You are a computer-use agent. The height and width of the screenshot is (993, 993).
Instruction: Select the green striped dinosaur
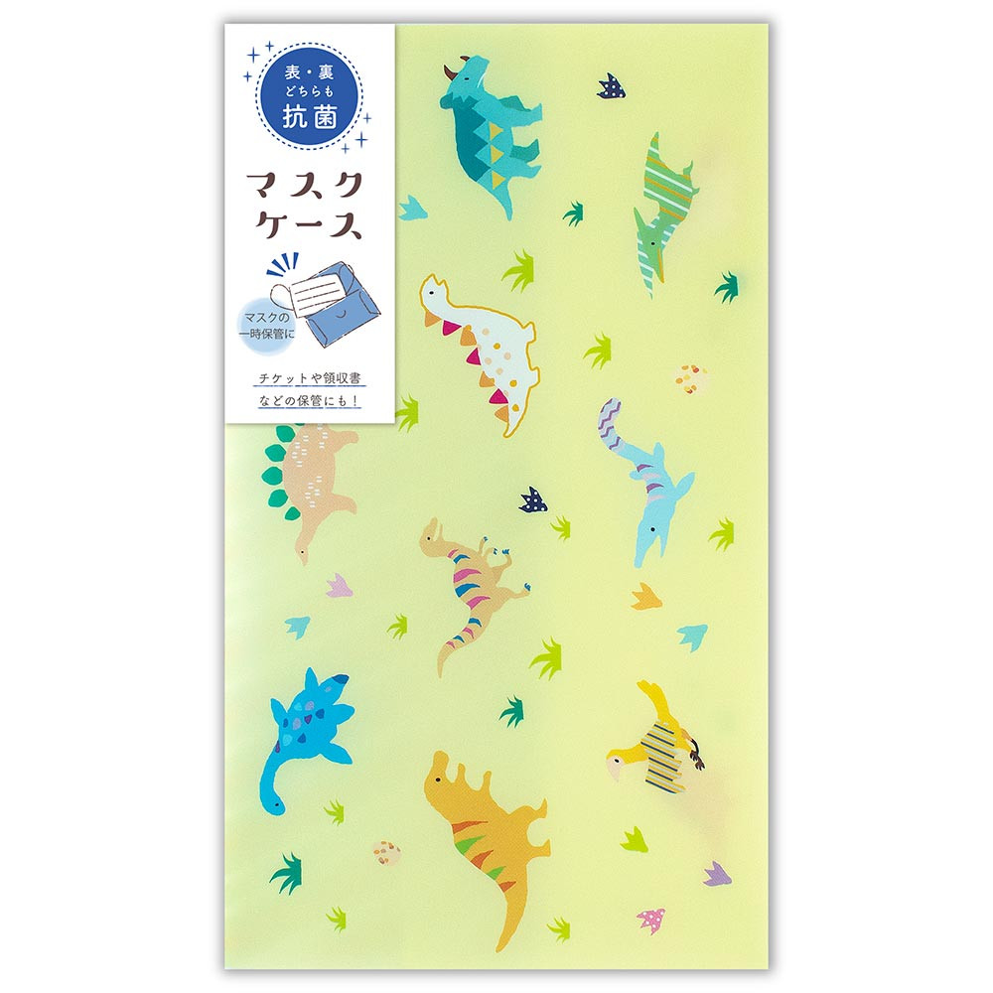click(x=659, y=213)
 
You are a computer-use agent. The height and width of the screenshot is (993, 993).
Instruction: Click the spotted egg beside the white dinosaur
click(x=689, y=378)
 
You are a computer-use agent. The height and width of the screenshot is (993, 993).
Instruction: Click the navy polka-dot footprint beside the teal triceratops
click(x=611, y=87)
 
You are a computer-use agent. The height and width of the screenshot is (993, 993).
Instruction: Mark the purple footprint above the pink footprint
click(x=718, y=874)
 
